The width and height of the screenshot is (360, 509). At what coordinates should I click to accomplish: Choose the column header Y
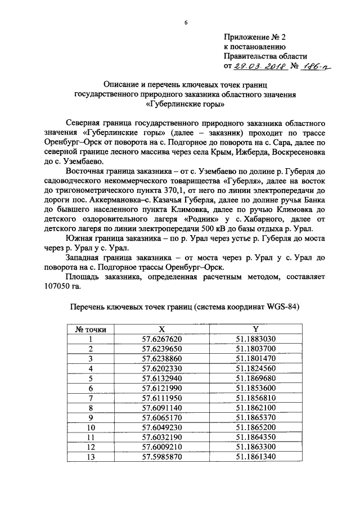click(255, 329)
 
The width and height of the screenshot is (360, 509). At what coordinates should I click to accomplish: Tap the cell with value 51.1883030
click(255, 339)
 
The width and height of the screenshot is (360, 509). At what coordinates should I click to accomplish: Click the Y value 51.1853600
click(255, 388)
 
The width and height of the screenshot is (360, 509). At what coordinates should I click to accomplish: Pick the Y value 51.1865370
click(255, 417)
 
